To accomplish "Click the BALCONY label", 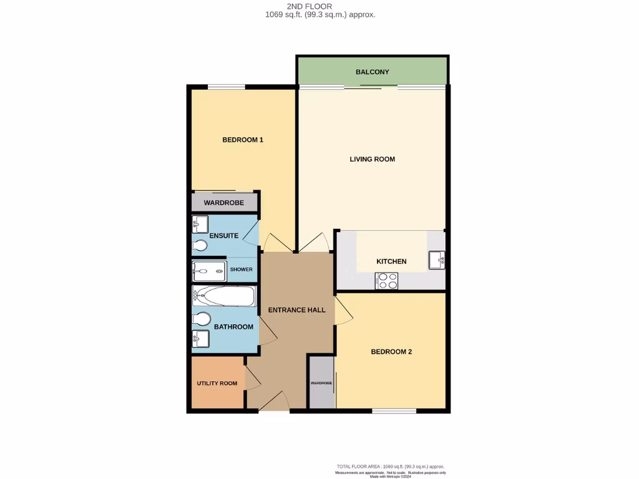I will [373, 72].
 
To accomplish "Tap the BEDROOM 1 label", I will [243, 140].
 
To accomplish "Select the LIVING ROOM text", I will [372, 159].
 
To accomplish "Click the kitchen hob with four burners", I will [387, 281].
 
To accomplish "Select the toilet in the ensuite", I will [200, 246].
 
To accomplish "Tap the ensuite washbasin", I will [200, 223].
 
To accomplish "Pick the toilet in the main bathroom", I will [201, 319].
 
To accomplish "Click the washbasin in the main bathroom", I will [200, 339].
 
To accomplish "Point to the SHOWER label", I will [241, 269].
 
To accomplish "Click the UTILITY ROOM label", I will [217, 383].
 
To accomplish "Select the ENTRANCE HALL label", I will [296, 310].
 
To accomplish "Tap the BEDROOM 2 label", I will [391, 352].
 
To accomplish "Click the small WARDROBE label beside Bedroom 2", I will [321, 383].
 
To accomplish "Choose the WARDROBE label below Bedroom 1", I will [223, 203].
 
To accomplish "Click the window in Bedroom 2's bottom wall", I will [394, 411].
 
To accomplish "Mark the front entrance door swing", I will [273, 403].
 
